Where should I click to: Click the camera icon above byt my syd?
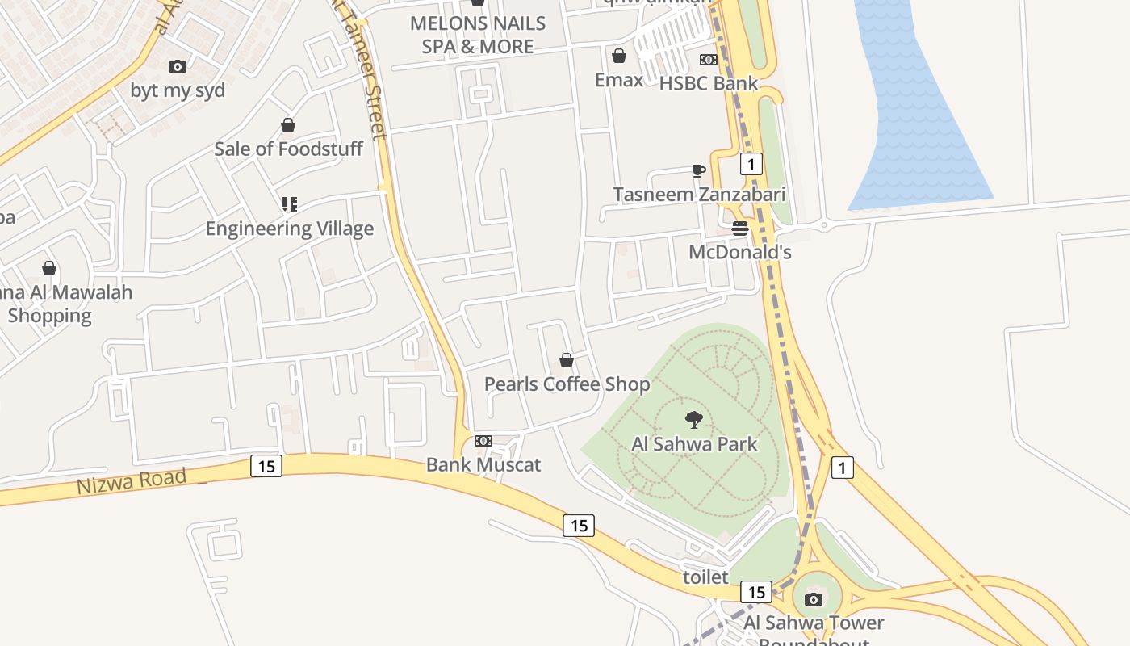coord(178,66)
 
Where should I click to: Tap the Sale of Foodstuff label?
coord(288,149)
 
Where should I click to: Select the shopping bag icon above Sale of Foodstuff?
coord(288,125)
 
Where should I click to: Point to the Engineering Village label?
coord(290,229)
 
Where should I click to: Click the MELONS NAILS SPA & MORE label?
coord(478,35)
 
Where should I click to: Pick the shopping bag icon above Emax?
coord(619,56)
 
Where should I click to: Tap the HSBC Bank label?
coord(709,83)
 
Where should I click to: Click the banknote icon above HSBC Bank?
coord(709,60)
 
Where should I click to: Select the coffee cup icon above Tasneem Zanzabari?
coord(699,170)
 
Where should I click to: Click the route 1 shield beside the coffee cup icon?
coord(751,165)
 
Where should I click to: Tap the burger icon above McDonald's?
coord(740,229)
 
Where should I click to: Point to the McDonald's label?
coord(740,252)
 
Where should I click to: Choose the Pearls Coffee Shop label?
coord(567,384)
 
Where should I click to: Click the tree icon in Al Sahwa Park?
coord(693,419)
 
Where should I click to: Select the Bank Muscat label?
coord(483,464)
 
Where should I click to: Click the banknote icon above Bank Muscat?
coord(483,441)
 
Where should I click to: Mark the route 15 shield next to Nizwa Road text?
coord(266,466)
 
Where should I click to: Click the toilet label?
coord(705,577)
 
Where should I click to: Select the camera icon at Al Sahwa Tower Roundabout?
coord(814,599)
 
